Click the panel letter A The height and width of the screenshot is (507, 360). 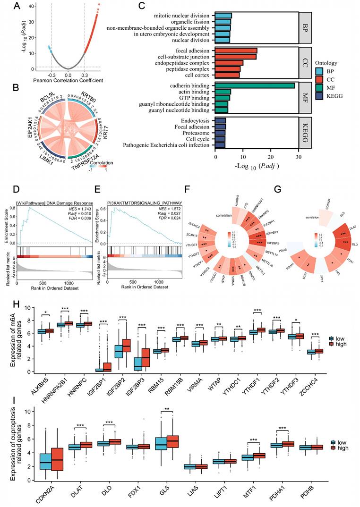(17, 6)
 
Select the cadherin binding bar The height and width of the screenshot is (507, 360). (255, 85)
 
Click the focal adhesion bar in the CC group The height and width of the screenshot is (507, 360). (236, 51)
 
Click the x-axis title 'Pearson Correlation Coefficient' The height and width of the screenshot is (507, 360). (68, 81)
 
